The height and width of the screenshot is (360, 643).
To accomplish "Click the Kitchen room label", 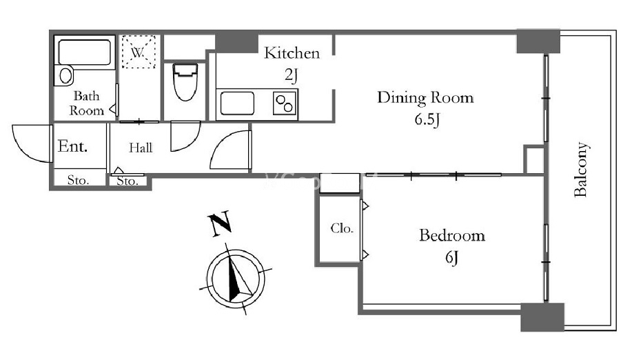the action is [292, 53].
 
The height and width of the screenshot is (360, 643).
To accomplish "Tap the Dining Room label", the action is [425, 98].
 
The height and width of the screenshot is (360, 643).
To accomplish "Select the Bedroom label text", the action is [452, 235].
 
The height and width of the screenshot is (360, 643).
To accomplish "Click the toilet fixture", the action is [185, 81].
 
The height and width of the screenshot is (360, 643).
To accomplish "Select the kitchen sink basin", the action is [237, 103].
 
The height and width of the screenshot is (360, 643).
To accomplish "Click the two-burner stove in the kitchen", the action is [285, 103].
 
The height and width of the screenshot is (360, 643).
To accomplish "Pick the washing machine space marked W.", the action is [139, 52].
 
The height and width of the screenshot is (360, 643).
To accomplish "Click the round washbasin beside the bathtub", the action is [65, 75].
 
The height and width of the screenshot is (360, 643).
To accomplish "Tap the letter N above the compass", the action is [221, 224].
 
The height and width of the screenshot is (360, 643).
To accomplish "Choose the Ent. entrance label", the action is [72, 146].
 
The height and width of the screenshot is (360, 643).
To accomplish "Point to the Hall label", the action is [141, 148].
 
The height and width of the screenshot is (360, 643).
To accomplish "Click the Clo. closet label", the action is [342, 228].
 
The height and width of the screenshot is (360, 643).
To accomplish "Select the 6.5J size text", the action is [427, 119].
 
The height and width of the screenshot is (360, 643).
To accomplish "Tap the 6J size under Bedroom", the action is [451, 257].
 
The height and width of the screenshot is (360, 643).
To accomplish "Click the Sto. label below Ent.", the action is [78, 180].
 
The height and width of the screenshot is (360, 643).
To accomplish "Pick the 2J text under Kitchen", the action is [291, 74].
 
